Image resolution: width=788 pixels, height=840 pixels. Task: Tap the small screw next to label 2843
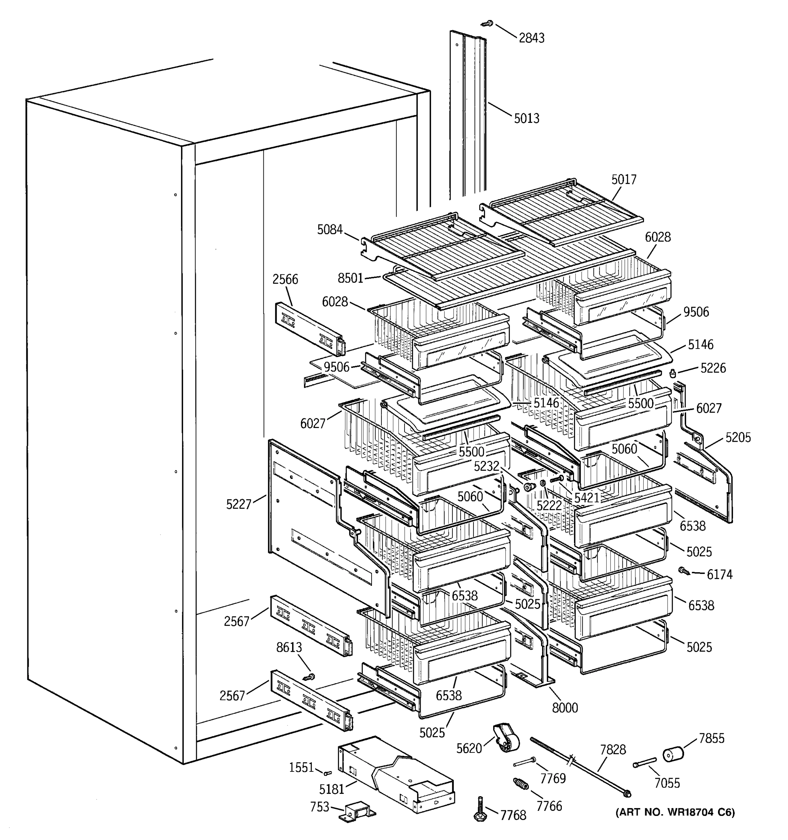[x=488, y=24]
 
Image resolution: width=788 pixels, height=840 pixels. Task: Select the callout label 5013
[x=526, y=118]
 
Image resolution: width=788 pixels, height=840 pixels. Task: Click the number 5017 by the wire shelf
[x=623, y=180]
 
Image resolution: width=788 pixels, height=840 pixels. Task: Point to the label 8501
[x=351, y=278]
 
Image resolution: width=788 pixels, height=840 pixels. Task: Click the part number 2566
[x=285, y=279]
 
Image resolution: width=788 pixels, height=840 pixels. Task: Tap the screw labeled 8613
[x=309, y=677]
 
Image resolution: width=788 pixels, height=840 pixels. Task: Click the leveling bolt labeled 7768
[x=481, y=810]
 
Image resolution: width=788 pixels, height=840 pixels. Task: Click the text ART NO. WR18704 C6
[x=675, y=812]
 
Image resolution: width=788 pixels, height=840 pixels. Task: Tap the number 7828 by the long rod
[x=613, y=750]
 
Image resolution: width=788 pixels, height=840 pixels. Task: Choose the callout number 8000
[x=565, y=707]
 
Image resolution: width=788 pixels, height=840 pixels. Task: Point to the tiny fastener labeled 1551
[x=327, y=773]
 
